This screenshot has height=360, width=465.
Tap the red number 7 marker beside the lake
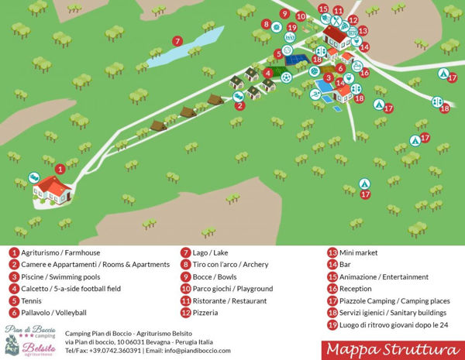(177, 41)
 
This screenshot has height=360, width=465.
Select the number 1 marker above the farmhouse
(60, 168)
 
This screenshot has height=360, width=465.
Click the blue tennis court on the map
(294, 59)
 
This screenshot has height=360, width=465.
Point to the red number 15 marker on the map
(322, 9)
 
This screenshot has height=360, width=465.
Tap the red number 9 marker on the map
(284, 14)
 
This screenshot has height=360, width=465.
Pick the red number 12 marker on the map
(353, 20)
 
